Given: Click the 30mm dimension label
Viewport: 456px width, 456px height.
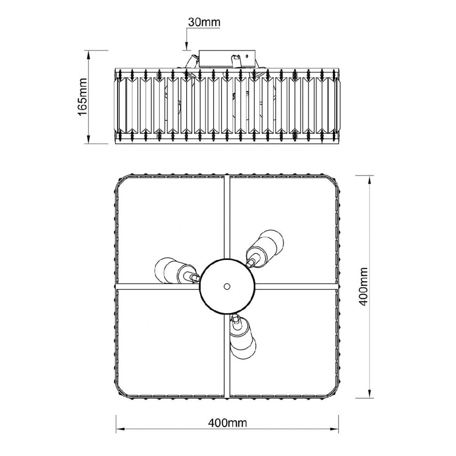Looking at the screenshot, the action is click(x=204, y=22).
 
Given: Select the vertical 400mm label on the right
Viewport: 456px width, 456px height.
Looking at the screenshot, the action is click(x=363, y=286).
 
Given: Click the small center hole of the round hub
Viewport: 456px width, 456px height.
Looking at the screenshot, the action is click(x=227, y=286).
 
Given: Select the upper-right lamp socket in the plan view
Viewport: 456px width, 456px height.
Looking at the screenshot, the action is click(x=264, y=248).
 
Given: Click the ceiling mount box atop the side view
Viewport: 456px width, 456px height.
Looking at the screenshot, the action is click(x=227, y=59).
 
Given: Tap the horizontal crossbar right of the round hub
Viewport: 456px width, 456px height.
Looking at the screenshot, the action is click(x=296, y=286).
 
